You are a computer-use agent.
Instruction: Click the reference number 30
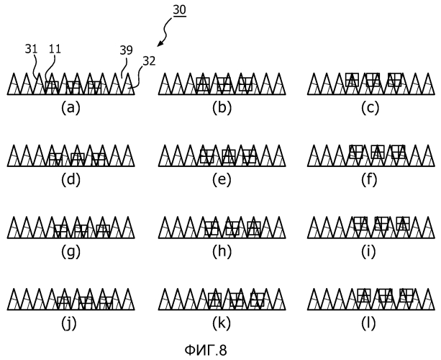[179, 10]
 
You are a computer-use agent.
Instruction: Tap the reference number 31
[31, 49]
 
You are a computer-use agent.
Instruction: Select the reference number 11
[55, 49]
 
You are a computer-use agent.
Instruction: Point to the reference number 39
[126, 50]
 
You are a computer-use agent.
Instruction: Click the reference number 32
[149, 61]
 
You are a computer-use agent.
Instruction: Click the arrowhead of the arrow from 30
[160, 44]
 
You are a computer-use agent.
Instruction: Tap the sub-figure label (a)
[71, 108]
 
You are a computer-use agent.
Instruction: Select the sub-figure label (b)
[222, 108]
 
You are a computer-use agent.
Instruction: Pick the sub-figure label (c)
[370, 108]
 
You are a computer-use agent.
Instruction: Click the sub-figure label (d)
[71, 179]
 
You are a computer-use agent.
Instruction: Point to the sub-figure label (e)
[222, 179]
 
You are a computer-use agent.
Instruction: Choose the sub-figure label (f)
[369, 179]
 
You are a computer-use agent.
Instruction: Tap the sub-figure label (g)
[71, 252]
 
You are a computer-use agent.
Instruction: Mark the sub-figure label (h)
[222, 252]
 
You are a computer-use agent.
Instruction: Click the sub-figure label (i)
[368, 252]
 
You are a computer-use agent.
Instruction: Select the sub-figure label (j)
[69, 324]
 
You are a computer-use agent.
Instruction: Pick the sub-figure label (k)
[222, 324]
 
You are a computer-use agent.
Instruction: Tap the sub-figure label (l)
[368, 324]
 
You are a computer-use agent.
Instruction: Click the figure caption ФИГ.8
[206, 350]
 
